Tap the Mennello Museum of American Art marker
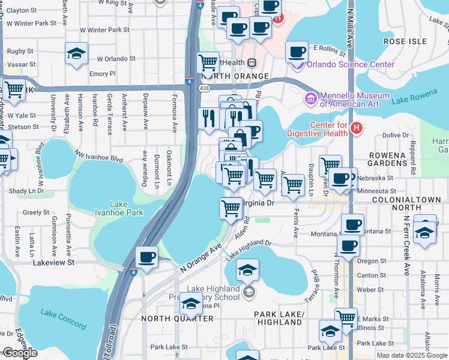point(311,98)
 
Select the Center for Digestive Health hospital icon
point(357,128)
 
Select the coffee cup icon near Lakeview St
point(147,257)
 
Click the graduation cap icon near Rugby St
point(77,53)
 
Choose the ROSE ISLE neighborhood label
point(405,42)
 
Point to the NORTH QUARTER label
point(177,319)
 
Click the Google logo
point(20,353)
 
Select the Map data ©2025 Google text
point(412,355)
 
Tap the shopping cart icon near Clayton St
point(14,90)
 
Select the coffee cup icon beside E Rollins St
point(297,52)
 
